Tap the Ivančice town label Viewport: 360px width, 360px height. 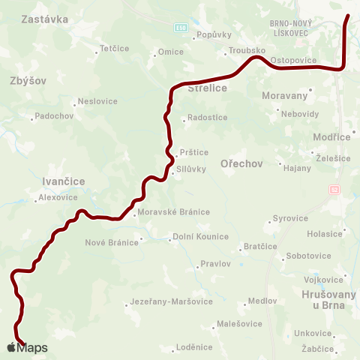coord(64,181)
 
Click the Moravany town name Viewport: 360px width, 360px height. coord(286,96)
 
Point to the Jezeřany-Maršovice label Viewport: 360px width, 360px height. coord(172,301)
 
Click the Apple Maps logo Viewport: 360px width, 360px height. coord(27,347)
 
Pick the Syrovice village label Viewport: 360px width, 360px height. coord(291,218)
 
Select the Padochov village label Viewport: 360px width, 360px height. coord(54,116)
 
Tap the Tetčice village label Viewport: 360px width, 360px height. coord(114,49)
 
